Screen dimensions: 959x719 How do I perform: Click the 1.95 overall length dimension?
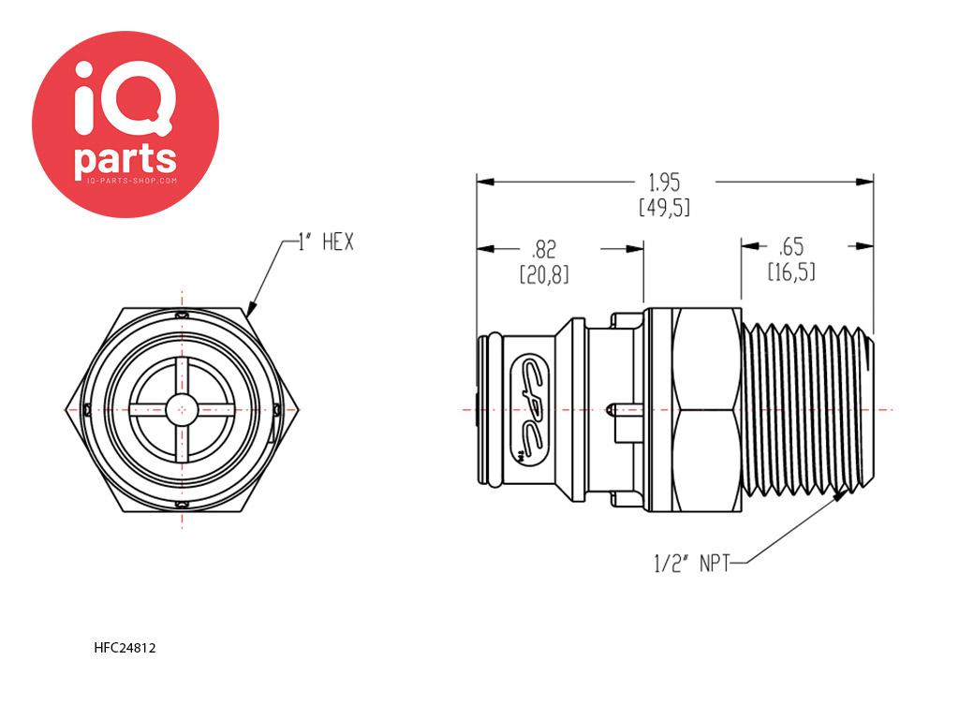click(664, 183)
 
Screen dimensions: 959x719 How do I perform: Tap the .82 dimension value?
click(544, 249)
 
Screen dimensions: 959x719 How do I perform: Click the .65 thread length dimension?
click(791, 247)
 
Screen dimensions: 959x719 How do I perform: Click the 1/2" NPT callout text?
click(692, 563)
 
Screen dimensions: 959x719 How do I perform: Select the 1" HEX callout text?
click(326, 242)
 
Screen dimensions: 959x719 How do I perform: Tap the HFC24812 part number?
click(125, 648)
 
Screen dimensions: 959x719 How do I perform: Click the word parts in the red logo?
click(125, 159)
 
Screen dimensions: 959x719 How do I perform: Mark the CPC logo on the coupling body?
click(531, 410)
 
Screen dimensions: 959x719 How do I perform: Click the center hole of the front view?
click(182, 409)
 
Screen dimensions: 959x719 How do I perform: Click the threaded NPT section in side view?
click(807, 409)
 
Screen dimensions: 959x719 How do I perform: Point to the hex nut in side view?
click(694, 409)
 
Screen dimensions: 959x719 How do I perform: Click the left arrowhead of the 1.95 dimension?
click(486, 182)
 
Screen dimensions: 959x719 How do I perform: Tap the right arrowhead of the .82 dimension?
click(635, 249)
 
